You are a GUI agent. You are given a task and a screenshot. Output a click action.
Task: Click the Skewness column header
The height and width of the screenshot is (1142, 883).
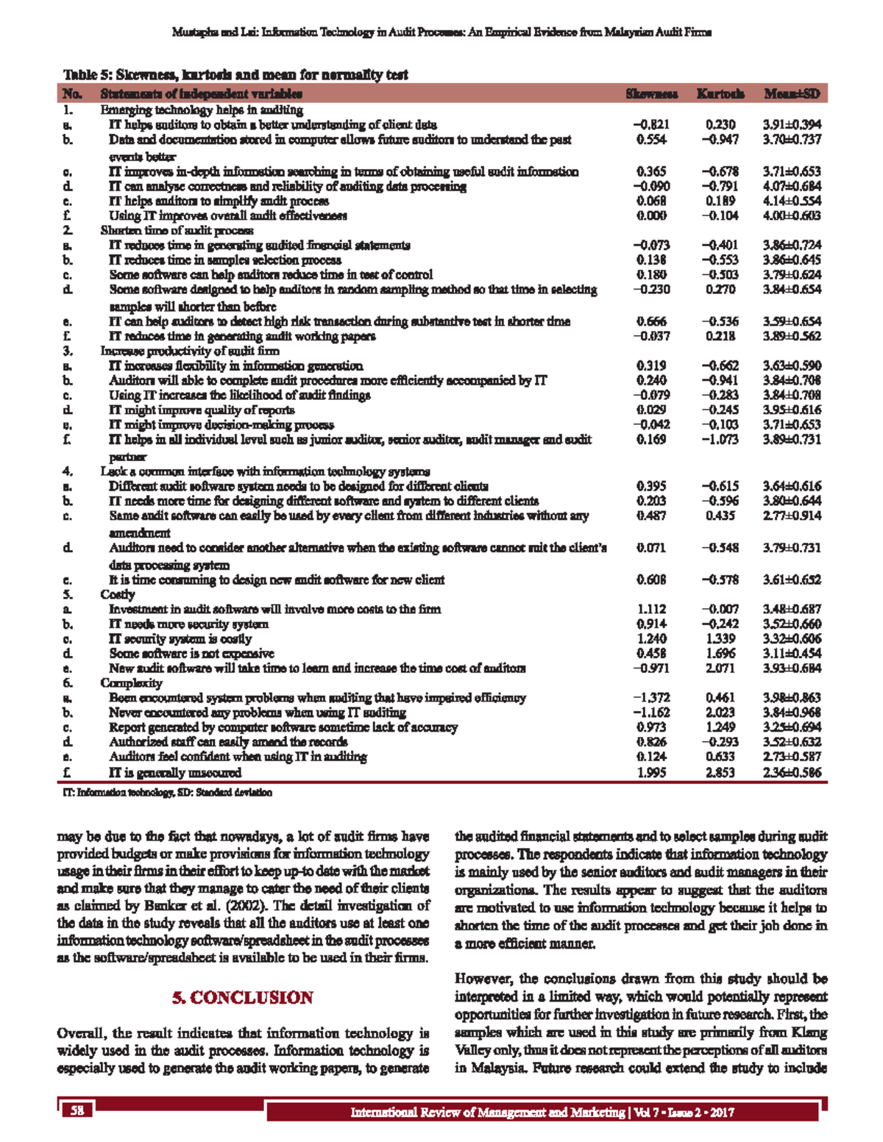click(x=651, y=93)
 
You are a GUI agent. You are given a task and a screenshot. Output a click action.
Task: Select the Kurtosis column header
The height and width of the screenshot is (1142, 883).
click(x=720, y=93)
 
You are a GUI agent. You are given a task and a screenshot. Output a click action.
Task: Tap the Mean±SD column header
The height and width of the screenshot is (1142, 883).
click(x=792, y=93)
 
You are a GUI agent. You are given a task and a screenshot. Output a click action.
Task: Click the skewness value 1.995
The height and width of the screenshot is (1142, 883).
click(x=651, y=772)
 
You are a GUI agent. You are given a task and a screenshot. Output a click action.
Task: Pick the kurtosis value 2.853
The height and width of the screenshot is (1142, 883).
click(x=720, y=772)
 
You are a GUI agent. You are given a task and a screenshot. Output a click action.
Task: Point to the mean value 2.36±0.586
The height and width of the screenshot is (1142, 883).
click(x=792, y=772)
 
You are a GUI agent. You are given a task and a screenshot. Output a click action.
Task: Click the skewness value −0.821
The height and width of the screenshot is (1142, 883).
click(x=651, y=125)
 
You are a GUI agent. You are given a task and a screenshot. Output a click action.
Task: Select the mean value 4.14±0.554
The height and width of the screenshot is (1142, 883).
click(x=792, y=201)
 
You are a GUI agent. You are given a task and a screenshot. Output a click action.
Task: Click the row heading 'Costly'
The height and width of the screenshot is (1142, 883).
click(x=118, y=594)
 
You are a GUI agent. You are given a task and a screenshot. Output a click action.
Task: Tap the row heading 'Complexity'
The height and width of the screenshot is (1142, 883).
click(x=131, y=682)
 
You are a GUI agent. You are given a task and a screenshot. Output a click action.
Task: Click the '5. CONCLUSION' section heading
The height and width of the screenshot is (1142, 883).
click(x=243, y=998)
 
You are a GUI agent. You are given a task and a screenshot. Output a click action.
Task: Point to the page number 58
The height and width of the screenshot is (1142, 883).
click(x=77, y=1110)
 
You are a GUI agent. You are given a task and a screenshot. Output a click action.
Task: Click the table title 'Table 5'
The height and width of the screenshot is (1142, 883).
click(x=235, y=75)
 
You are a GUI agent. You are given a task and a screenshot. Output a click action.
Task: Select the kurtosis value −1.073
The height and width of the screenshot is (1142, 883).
click(x=720, y=440)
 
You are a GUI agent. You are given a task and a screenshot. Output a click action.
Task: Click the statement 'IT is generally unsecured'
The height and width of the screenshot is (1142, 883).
click(x=175, y=772)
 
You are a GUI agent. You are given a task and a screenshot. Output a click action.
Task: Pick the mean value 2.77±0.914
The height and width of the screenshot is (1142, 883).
click(x=792, y=515)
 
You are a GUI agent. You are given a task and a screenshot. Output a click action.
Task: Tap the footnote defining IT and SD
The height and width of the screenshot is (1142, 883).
click(x=168, y=793)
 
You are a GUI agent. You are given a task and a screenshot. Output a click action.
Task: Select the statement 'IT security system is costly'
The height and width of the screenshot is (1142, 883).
click(x=180, y=638)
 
